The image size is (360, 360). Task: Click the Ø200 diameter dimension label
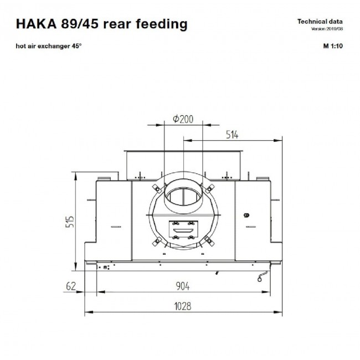(x=183, y=119)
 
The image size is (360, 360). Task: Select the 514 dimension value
(x=232, y=135)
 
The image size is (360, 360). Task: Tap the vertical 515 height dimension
(x=70, y=222)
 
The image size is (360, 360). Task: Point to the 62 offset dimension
(x=71, y=286)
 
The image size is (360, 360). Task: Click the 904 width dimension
(x=183, y=286)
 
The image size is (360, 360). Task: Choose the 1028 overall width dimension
(x=183, y=306)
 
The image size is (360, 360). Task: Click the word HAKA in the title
(x=36, y=24)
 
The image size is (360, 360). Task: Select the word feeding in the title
(x=162, y=24)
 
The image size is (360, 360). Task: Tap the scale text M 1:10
(x=333, y=46)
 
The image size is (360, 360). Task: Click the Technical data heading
(x=320, y=22)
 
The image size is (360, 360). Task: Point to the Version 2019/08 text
(x=327, y=29)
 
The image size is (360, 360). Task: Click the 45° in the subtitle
(x=76, y=46)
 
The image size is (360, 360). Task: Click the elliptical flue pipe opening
(x=184, y=197)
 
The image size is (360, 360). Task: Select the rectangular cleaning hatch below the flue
(x=183, y=230)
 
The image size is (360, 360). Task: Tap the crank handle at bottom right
(x=263, y=276)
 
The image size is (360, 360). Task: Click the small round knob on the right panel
(x=246, y=215)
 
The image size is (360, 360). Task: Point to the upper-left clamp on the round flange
(x=157, y=189)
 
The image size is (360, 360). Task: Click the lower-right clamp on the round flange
(x=209, y=241)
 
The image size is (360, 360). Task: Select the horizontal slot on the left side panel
(x=116, y=227)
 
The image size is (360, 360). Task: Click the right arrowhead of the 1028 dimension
(x=278, y=312)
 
